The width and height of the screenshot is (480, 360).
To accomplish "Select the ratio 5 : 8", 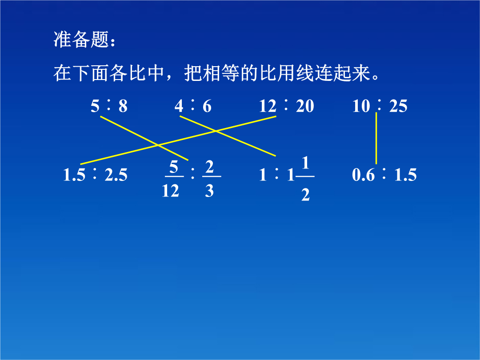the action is coord(109,106).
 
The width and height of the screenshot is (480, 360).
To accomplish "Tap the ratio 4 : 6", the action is coord(193,106).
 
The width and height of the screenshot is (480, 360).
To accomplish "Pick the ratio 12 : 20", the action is coord(287,106).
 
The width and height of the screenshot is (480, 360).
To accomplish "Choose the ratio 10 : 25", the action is coord(380,106).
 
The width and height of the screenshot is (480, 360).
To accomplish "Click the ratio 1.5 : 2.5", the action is coord(95,175).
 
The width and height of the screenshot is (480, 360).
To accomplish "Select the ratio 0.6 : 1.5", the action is coord(384,175).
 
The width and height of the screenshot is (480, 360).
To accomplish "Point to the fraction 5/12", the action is coord(173,179).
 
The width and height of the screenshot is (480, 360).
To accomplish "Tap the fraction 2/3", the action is coord(211,179).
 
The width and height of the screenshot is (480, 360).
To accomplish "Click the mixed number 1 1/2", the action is coord(300,179).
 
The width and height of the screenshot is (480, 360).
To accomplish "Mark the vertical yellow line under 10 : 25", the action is coord(376,138).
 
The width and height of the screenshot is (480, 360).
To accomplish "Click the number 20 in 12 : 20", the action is coord(305,106).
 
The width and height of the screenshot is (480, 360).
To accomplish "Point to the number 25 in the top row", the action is coord(398,106).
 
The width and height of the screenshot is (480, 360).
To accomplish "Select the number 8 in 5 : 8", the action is coord(123,106).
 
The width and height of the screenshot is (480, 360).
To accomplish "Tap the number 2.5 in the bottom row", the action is coord(116,175).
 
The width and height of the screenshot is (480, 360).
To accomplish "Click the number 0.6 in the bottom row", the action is coord(364,175).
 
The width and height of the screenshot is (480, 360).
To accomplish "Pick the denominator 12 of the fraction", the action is coord(171,191).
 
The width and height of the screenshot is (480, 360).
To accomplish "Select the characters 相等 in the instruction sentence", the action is coord(220,73).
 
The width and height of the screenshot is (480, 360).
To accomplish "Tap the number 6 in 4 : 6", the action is coord(207,106).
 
